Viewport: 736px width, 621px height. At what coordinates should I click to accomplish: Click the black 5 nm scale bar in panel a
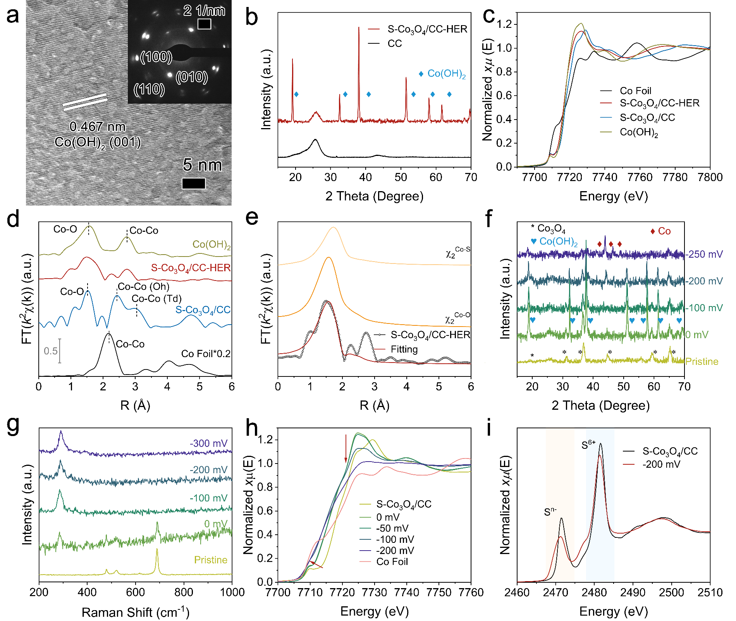tap(194, 183)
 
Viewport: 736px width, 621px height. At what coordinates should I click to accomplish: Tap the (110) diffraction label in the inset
tap(149, 89)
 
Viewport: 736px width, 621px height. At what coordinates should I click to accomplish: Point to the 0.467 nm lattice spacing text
tap(97, 127)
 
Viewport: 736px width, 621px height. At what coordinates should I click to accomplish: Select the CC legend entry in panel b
tap(395, 43)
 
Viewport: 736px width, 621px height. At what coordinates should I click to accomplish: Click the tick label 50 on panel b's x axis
tap(401, 177)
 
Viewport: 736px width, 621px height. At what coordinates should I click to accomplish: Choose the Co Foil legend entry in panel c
tap(635, 91)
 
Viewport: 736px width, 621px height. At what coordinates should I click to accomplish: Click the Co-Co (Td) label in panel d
tap(156, 298)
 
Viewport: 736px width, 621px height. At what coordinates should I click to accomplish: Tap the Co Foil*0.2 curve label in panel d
tap(206, 354)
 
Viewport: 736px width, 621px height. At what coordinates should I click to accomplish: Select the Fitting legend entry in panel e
tap(404, 349)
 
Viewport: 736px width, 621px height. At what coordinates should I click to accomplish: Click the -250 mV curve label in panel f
tap(704, 254)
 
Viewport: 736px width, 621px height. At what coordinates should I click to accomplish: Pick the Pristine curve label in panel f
tap(702, 361)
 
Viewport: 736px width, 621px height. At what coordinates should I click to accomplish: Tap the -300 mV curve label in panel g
tap(208, 443)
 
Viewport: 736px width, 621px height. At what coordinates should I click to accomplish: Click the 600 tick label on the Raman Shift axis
tap(136, 592)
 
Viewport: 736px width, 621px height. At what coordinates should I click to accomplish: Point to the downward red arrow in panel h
tap(346, 448)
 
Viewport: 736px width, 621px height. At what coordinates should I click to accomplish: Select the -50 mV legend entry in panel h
tap(392, 528)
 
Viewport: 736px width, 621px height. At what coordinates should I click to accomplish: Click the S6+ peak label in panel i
tap(588, 445)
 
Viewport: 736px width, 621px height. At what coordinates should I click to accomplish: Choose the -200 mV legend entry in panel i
tap(661, 464)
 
